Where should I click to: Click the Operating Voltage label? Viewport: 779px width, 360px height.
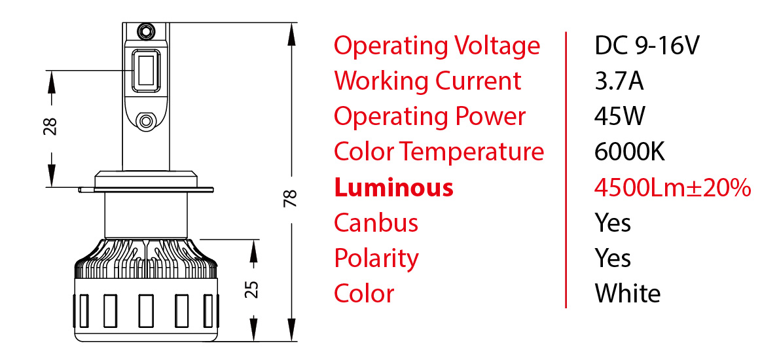437,46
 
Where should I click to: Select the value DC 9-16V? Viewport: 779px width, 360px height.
647,46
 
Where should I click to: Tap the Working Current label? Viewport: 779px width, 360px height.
427,81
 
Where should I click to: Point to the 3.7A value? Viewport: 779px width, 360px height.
619,81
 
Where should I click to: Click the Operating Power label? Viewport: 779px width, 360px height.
429,117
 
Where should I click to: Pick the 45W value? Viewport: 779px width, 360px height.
620,117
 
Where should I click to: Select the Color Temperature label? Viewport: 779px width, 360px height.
439,152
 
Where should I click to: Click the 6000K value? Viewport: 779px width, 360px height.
630,152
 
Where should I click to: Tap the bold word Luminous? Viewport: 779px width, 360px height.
393,187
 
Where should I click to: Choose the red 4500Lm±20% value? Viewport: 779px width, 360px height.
672,187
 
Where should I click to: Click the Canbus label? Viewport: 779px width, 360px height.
376,223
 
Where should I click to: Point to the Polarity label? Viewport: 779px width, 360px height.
376,258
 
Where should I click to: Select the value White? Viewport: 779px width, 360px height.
628,293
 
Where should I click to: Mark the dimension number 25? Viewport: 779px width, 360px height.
253,289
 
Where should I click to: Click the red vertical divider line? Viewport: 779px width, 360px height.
566,169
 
